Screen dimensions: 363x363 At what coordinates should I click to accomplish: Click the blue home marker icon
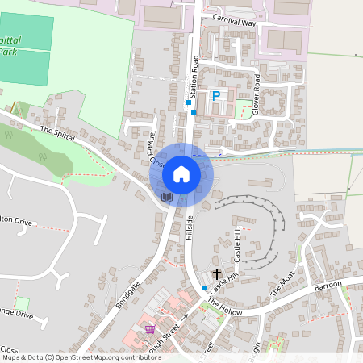(181, 173)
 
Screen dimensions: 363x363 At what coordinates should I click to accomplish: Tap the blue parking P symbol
(215, 95)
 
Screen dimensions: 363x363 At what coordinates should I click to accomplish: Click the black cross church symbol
(217, 275)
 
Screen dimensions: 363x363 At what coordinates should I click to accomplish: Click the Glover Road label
(257, 94)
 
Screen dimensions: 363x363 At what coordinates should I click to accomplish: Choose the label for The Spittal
(56, 134)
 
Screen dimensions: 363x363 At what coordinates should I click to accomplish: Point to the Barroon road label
(328, 286)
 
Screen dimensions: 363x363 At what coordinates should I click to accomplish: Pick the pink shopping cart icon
(150, 329)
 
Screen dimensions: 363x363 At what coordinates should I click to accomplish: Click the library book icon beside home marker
(166, 196)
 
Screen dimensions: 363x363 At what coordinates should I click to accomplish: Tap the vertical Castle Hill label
(237, 244)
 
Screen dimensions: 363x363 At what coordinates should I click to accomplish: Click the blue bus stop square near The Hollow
(205, 288)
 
